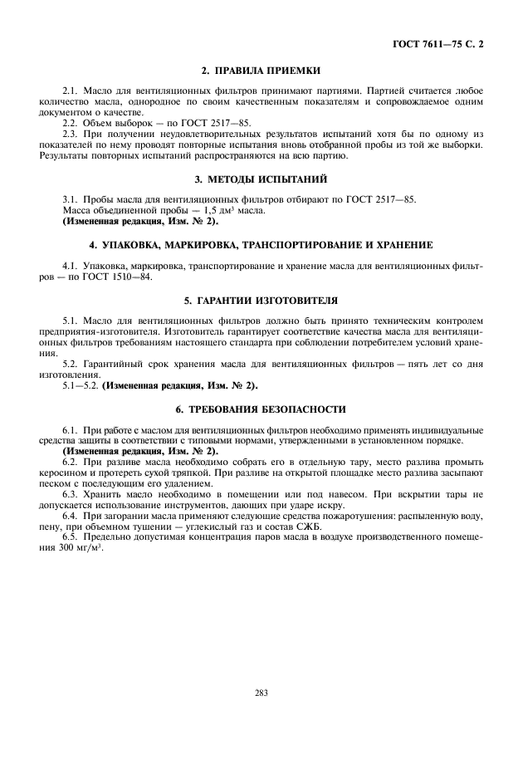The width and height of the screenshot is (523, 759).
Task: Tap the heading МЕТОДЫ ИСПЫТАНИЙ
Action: point(261,179)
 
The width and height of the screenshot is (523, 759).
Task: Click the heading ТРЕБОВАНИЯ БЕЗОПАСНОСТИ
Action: point(261,410)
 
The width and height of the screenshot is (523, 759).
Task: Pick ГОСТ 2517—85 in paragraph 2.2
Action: point(218,122)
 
